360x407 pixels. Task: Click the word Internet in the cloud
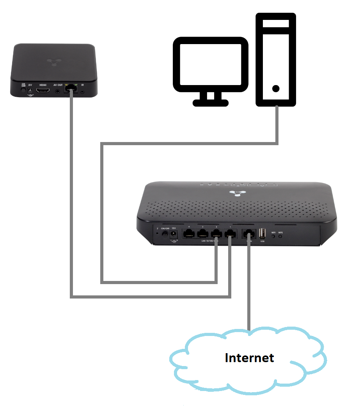(x=249, y=357)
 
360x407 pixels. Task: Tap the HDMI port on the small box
(x=43, y=91)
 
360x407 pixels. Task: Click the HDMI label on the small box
(x=43, y=85)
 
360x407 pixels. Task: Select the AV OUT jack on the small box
(x=58, y=91)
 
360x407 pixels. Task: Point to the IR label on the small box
(x=82, y=85)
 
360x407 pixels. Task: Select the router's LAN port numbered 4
(x=189, y=234)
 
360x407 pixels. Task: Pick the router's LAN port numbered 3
(x=203, y=234)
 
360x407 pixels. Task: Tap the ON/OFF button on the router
(x=165, y=234)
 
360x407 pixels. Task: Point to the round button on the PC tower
(x=276, y=89)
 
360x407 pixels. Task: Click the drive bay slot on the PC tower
(x=276, y=24)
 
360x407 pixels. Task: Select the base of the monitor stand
(x=211, y=103)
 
